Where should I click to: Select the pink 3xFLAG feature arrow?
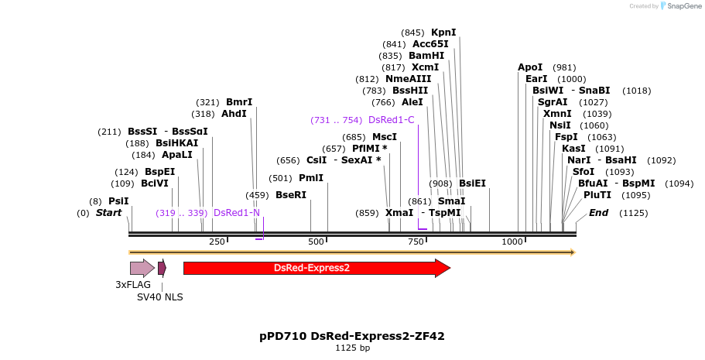click(142, 268)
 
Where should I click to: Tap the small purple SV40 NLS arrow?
click(162, 268)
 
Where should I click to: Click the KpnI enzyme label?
click(443, 33)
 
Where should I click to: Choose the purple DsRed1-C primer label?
click(392, 120)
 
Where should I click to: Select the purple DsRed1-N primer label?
click(237, 213)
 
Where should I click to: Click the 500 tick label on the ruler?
click(317, 242)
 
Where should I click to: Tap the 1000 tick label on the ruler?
click(512, 242)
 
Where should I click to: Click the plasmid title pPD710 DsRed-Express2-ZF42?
click(352, 336)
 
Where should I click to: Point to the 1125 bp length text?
click(352, 348)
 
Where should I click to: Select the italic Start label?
click(108, 213)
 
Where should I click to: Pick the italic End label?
click(598, 213)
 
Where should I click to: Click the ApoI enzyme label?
click(530, 67)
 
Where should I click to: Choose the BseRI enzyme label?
click(291, 195)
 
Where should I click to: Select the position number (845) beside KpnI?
click(412, 33)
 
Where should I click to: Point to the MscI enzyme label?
click(385, 137)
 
